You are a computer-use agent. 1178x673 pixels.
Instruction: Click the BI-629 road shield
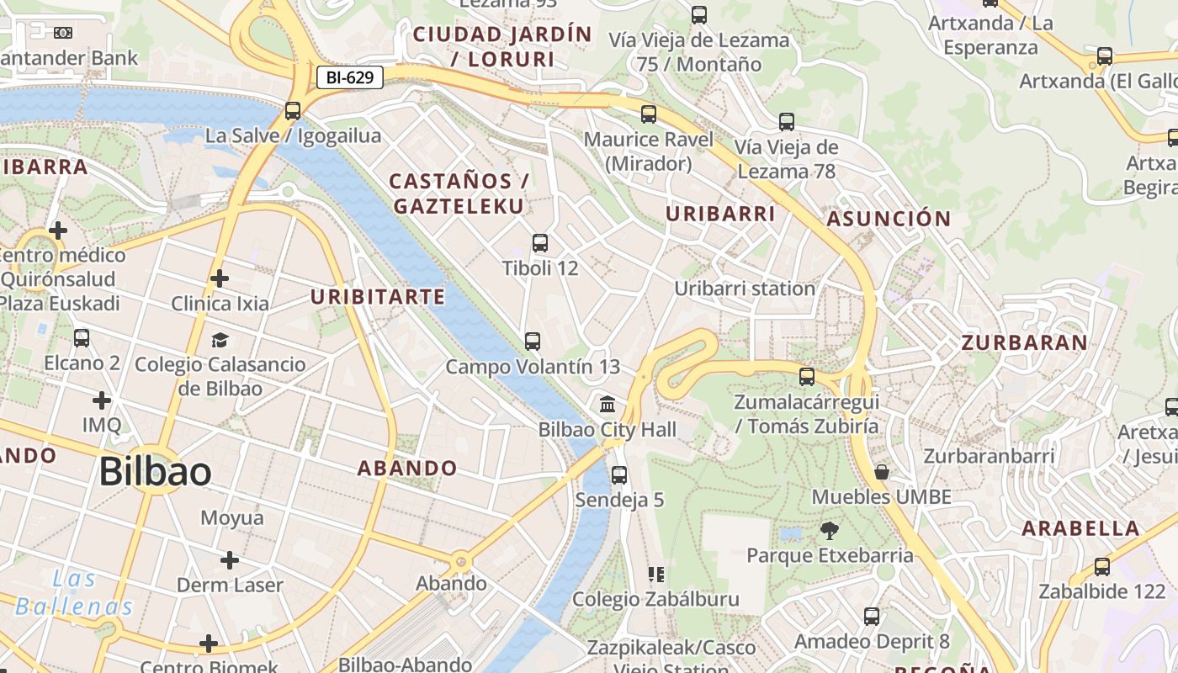(350, 78)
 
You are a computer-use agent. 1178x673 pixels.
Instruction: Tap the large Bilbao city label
(155, 472)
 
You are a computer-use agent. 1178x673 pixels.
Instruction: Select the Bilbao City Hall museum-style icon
(608, 405)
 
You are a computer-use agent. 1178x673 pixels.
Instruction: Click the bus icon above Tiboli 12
(540, 243)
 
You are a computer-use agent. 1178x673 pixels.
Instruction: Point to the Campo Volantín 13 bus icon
(532, 341)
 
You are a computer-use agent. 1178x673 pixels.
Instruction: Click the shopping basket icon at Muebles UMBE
(882, 472)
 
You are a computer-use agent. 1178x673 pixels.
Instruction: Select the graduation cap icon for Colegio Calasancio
(220, 340)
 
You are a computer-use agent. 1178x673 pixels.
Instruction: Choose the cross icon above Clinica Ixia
(220, 278)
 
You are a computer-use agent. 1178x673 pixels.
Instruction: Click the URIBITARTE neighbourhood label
(378, 297)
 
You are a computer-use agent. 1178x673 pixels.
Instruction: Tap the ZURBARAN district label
(1024, 343)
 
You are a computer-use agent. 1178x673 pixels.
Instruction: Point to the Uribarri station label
(745, 289)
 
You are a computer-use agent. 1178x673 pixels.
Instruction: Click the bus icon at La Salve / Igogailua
(293, 110)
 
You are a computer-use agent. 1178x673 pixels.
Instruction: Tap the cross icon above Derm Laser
(230, 560)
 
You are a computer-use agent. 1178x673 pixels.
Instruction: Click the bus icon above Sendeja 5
(619, 474)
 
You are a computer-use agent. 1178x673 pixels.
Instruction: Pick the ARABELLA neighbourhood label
(1080, 529)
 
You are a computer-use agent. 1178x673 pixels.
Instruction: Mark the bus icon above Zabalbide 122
(1102, 566)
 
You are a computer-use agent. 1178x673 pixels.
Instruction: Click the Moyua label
(232, 518)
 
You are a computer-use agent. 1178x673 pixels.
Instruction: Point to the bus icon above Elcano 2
(82, 338)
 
